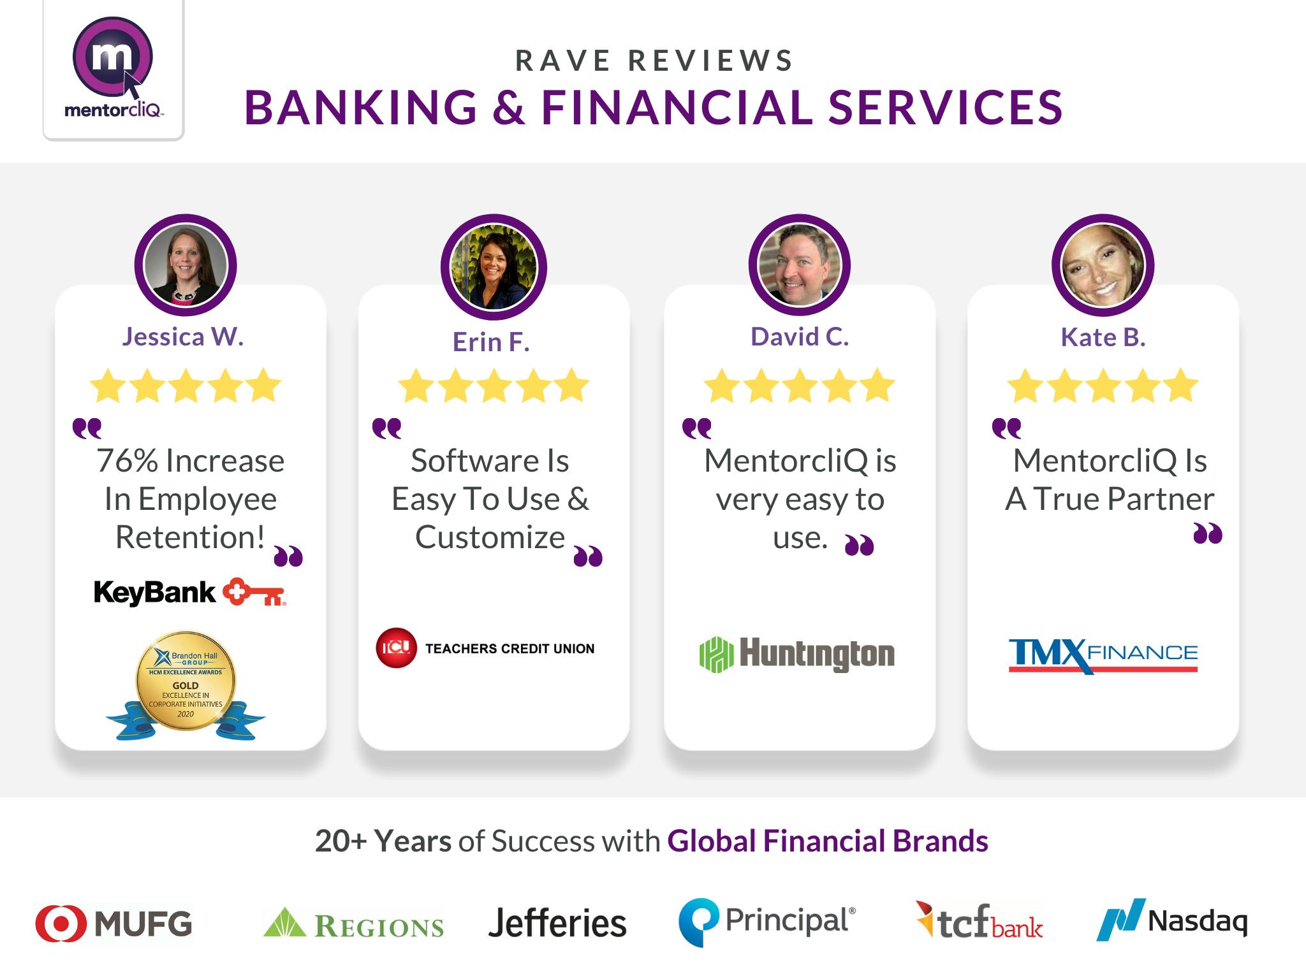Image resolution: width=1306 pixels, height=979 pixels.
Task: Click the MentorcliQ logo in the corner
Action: [114, 69]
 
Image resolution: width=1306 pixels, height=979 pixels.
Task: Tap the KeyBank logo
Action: [189, 592]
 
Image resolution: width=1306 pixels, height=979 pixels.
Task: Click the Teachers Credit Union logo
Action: [485, 648]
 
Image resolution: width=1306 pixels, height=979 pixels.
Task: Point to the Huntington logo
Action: [797, 654]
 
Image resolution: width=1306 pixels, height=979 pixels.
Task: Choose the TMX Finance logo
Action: [1103, 655]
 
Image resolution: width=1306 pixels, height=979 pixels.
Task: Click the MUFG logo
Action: [114, 924]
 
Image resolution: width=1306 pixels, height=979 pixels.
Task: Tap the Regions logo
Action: [353, 924]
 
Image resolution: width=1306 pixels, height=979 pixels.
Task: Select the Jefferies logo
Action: [557, 924]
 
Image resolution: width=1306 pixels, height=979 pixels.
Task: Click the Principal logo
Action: [767, 922]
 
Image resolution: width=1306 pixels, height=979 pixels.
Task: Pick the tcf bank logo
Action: [979, 922]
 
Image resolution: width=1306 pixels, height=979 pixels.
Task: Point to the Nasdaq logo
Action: [1172, 920]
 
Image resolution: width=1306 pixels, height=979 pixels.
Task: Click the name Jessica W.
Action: [183, 337]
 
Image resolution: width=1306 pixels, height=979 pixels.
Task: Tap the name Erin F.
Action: [491, 342]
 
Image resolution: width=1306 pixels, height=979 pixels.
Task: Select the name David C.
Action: [800, 337]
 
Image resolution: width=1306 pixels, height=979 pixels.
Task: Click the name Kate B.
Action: [1103, 337]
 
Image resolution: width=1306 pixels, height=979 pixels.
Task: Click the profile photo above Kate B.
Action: [1103, 266]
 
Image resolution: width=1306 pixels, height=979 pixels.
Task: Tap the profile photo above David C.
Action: [800, 266]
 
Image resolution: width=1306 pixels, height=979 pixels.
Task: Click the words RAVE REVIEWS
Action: [654, 61]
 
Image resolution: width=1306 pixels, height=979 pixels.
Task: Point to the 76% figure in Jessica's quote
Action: [128, 461]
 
